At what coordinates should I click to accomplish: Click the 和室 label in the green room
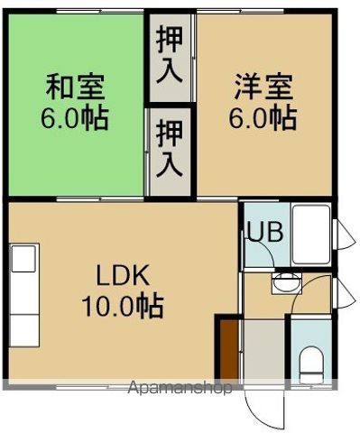76,88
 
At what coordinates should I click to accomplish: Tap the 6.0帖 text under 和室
76,117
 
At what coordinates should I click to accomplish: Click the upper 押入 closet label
169,55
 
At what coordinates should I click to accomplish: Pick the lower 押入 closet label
169,150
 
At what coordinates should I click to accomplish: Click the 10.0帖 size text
124,306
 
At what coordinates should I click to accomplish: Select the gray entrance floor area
263,352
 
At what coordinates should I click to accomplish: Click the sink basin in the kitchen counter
23,259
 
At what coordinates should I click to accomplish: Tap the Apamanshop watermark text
180,388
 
